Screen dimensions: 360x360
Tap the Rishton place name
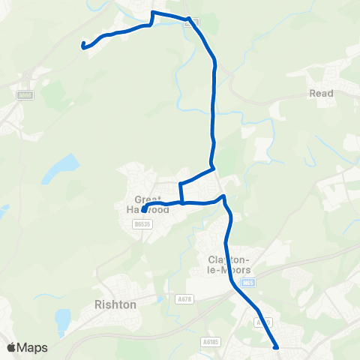(x=115, y=304)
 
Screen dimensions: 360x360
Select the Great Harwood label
(x=152, y=205)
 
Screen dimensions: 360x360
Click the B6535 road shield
(x=140, y=223)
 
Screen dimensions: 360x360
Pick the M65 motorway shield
(x=249, y=283)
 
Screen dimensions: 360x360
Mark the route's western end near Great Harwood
(x=143, y=211)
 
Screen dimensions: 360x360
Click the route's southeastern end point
(x=277, y=347)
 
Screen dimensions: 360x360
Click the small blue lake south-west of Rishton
(x=62, y=321)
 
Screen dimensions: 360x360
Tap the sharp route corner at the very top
(x=153, y=13)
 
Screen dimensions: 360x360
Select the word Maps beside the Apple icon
(x=33, y=347)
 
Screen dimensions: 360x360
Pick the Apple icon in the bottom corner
(x=11, y=347)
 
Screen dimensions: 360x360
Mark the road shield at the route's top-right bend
(x=190, y=22)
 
